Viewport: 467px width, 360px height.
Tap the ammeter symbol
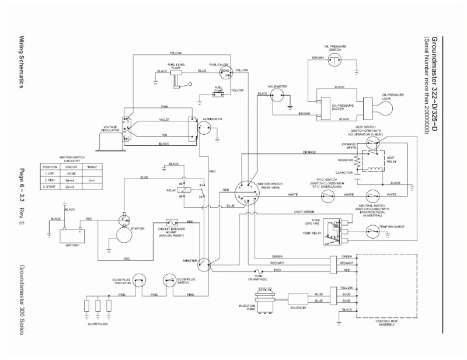[204, 264]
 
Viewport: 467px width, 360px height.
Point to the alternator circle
[205, 129]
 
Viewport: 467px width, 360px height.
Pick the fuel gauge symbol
[226, 72]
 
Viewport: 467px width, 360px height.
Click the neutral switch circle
[372, 195]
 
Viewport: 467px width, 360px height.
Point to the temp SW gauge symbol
[372, 232]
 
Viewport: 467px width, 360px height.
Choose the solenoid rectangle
[298, 298]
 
